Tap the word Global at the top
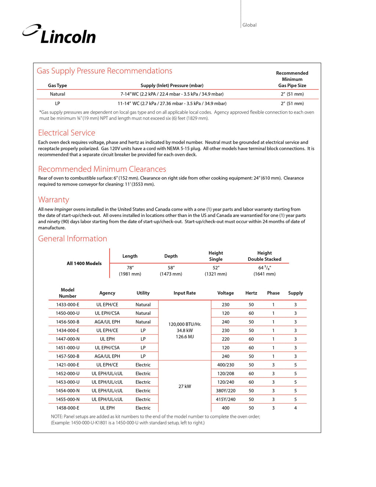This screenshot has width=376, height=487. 249,25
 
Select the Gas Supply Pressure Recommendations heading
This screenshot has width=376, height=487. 104,71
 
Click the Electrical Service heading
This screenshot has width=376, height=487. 66,133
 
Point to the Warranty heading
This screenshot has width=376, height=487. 54,200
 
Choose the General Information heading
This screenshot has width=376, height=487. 72,239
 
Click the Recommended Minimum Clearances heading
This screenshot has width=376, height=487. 102,169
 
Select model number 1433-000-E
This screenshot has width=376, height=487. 68,305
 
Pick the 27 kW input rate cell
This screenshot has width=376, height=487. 185,386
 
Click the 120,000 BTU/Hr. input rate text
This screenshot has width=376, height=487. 185,324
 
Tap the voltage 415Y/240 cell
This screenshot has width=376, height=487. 225,399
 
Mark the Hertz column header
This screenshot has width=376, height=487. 251,293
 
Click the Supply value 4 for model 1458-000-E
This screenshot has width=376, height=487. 295,408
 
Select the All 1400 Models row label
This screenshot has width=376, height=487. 84,264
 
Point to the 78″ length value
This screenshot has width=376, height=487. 130,268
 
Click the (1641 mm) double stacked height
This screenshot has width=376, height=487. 264,274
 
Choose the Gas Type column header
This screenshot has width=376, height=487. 57,86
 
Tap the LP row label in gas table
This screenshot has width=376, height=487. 57,104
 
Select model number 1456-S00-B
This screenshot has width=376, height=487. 68,322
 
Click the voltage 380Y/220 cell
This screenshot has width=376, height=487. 225,391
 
